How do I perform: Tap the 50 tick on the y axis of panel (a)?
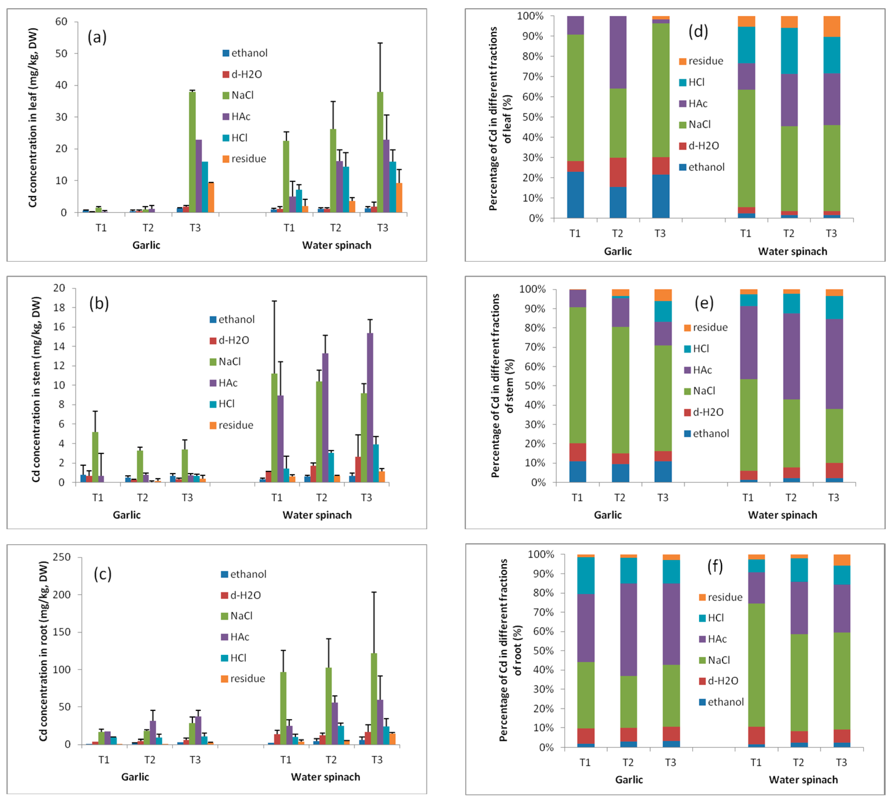click(61, 54)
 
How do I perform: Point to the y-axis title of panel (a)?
click(33, 117)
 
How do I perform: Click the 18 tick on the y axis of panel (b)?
click(59, 308)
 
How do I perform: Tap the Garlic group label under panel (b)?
click(126, 515)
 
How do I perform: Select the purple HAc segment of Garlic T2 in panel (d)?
click(618, 52)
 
